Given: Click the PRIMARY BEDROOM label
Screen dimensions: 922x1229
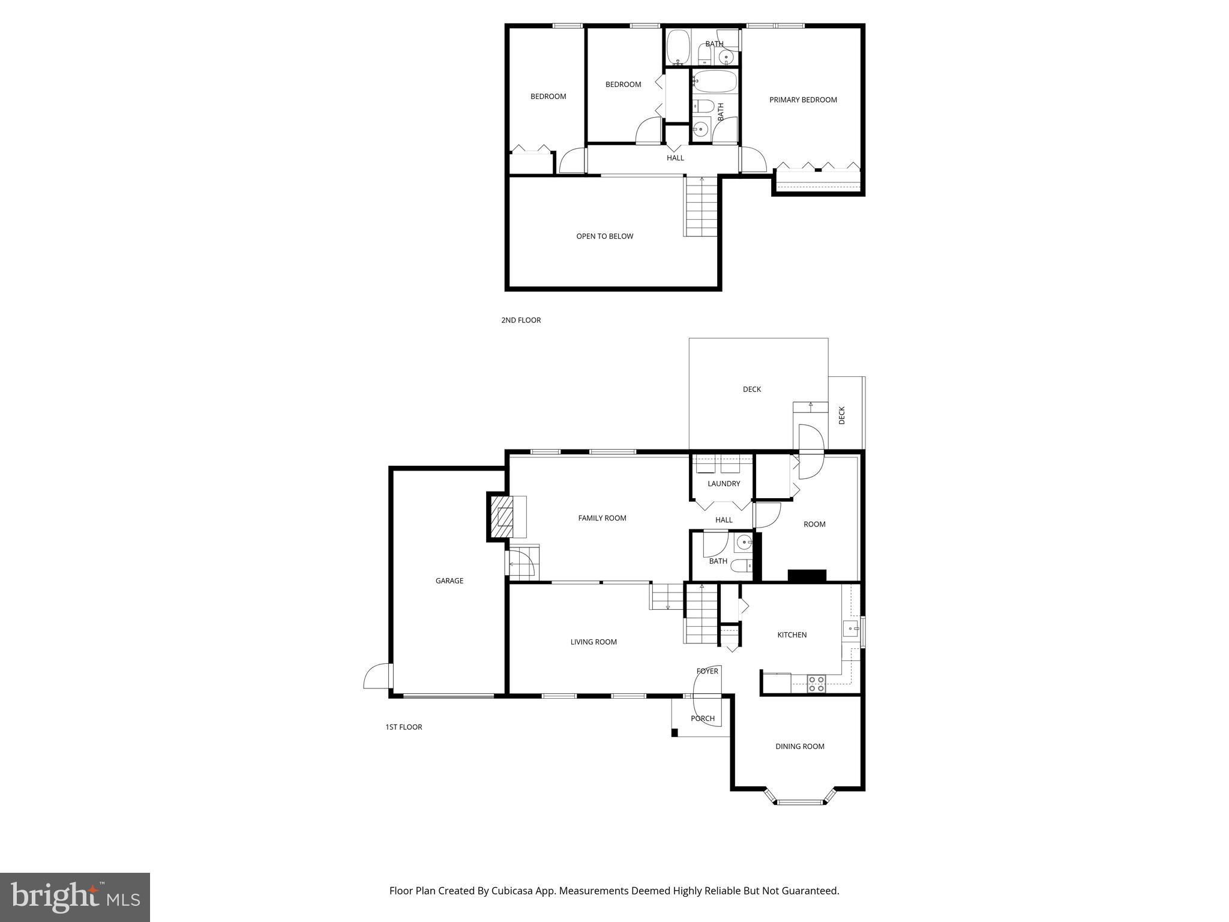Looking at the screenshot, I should (x=803, y=100).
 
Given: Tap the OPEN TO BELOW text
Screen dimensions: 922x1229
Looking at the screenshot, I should (x=604, y=237).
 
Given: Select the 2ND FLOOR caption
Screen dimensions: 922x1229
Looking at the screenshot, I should (x=521, y=321).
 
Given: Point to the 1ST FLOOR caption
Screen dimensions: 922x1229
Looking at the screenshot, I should (x=403, y=728).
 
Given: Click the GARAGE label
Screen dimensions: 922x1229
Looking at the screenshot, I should (x=449, y=581).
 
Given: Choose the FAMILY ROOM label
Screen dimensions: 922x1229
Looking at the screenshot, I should (x=602, y=519).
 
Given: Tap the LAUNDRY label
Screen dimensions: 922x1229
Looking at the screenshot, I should (x=724, y=484).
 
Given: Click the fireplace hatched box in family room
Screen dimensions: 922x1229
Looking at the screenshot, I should (x=502, y=516).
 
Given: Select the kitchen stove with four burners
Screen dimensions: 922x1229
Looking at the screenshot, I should (x=816, y=684).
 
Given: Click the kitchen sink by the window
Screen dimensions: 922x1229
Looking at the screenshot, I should (x=850, y=630).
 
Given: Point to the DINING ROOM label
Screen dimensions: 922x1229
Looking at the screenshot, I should (x=800, y=747).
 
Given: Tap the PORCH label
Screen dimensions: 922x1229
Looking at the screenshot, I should (x=703, y=719).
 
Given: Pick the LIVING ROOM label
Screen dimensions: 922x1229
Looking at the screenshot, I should (x=593, y=642).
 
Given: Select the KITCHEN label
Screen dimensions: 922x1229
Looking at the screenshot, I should (x=792, y=635).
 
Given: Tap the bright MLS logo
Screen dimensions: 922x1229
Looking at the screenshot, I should (x=75, y=897).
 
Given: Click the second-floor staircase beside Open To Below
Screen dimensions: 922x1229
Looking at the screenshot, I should (x=702, y=207).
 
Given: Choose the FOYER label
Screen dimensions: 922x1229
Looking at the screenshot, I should (x=707, y=672).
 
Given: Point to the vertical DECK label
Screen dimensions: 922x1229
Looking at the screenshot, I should (x=841, y=415).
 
